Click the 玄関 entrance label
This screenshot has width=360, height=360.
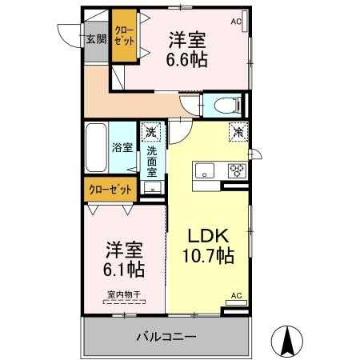pos(96,39)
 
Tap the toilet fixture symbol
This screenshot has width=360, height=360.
pos(227,106)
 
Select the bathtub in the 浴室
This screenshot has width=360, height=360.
pos(96,148)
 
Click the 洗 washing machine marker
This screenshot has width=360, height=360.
pos(151,131)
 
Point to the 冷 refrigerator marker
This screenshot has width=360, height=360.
pos(238,132)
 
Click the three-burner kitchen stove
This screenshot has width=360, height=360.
pos(237,170)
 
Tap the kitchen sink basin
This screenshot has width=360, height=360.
pos(205,170)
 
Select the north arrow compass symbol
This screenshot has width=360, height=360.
pos(287,342)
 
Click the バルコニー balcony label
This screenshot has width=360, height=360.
pos(166,337)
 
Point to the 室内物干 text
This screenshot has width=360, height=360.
pos(124,294)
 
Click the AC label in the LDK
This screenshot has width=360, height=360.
pos(237,295)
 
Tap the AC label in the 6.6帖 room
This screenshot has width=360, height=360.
pos(236,22)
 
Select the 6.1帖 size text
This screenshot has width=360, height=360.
pos(124,270)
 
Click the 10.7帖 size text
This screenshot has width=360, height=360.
pos(208,256)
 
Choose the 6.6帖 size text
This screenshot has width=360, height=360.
pos(187,59)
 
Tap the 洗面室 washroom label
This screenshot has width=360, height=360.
pos(152,162)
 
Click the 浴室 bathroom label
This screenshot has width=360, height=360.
pos(122,147)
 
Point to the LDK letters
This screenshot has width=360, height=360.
pos(209,235)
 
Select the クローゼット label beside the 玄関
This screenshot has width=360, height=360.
pos(124,35)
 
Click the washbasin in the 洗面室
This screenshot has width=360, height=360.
pos(153,187)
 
